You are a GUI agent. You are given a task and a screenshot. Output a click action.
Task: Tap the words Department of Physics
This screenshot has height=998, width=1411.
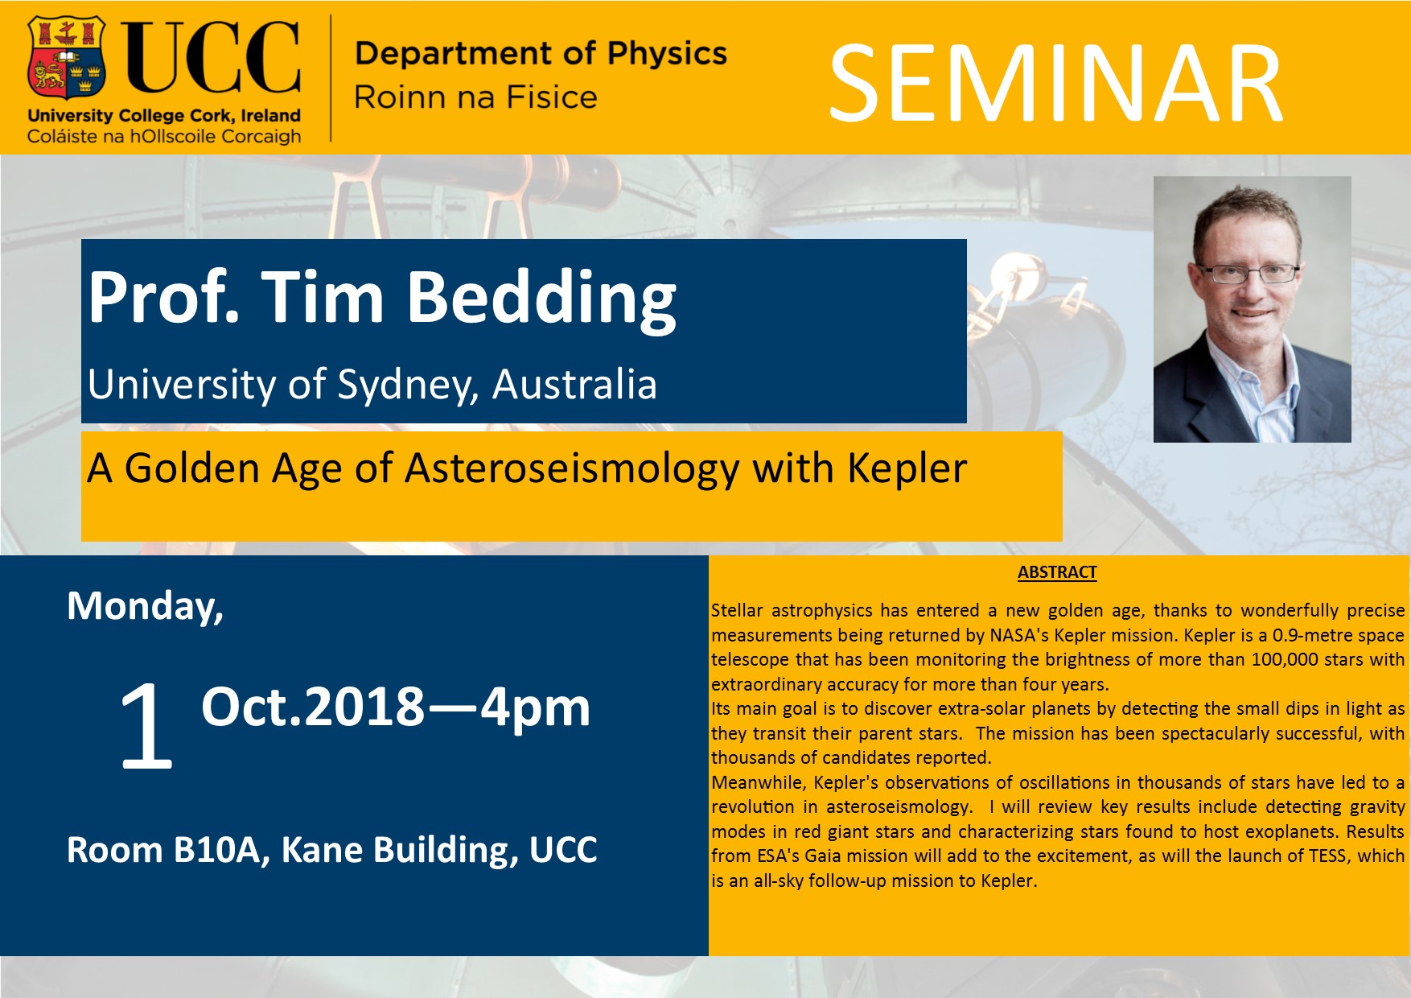541,53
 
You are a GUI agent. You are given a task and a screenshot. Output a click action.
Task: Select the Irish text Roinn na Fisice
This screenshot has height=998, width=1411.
475,97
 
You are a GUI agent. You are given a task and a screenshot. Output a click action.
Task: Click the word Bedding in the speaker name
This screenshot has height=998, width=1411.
541,298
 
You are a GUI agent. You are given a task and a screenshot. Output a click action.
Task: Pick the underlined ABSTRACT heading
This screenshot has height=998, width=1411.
1057,572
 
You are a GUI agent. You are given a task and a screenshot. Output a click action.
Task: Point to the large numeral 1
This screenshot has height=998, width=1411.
147,727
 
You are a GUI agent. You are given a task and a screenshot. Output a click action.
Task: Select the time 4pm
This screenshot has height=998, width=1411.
536,708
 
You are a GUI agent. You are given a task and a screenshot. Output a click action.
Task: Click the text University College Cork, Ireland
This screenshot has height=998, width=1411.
164,116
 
